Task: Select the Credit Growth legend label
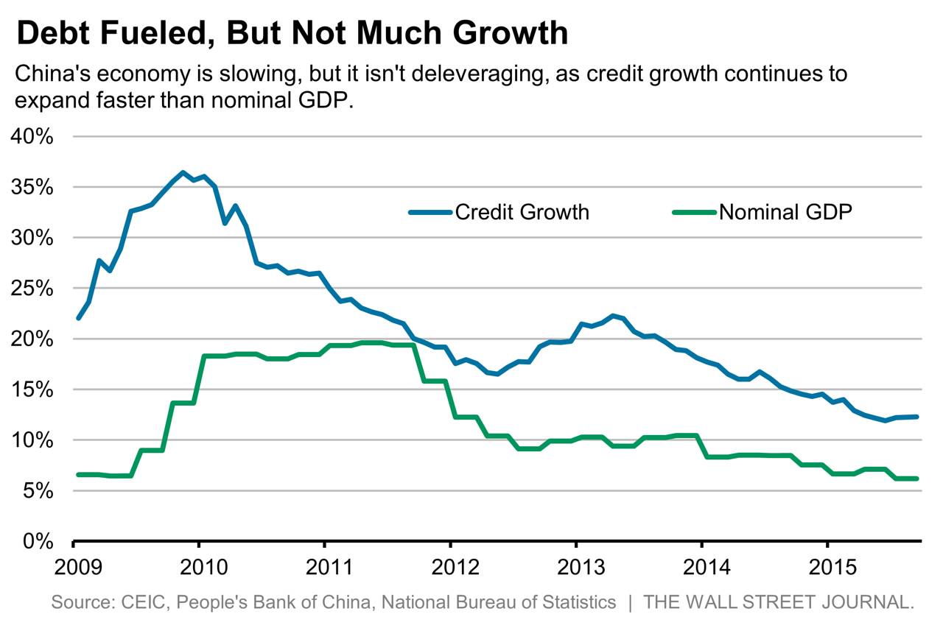click(522, 212)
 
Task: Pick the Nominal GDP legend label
click(785, 212)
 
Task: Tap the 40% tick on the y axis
click(31, 137)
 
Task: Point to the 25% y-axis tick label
click(31, 289)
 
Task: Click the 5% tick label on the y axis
click(37, 490)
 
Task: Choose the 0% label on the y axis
click(37, 541)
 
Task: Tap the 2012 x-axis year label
click(450, 568)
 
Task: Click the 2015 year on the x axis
click(827, 568)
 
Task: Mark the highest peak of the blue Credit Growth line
click(183, 173)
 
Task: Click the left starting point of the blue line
click(78, 318)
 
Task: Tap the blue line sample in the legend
click(430, 212)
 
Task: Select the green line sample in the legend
click(694, 212)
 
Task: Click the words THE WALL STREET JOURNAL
click(779, 602)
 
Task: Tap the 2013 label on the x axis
click(576, 568)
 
